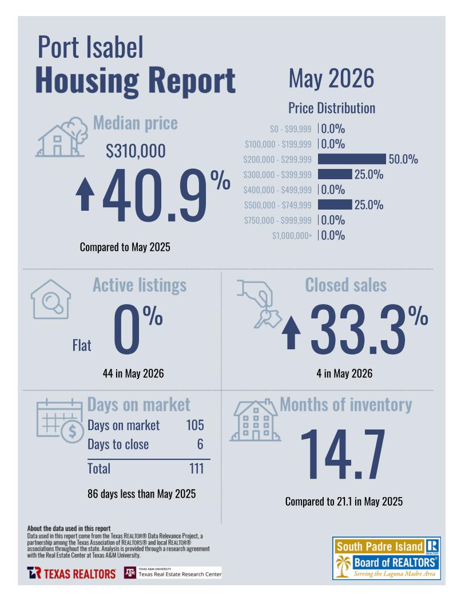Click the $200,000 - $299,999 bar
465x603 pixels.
click(352, 159)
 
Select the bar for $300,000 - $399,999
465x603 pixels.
click(335, 174)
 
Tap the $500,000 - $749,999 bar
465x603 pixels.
click(335, 204)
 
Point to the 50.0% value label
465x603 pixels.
click(403, 159)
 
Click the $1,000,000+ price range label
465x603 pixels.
click(292, 235)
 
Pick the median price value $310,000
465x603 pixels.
click(136, 151)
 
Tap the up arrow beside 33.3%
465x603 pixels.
click(291, 333)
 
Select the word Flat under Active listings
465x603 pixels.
click(82, 345)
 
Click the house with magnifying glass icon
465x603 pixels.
click(51, 299)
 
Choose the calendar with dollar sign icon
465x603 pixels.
click(60, 421)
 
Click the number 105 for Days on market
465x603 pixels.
click(195, 425)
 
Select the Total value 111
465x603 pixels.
click(197, 468)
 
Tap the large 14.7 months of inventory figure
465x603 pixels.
click(342, 455)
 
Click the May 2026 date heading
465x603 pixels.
click(331, 78)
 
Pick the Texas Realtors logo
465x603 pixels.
click(71, 573)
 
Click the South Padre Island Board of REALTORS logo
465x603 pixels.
click(387, 558)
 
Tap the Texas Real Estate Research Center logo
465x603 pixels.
click(173, 573)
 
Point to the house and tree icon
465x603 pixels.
click(62, 137)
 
